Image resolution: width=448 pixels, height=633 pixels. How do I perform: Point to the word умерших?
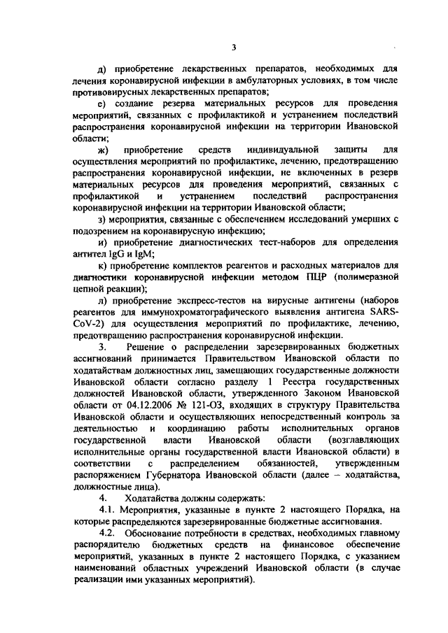(x=370, y=219)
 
